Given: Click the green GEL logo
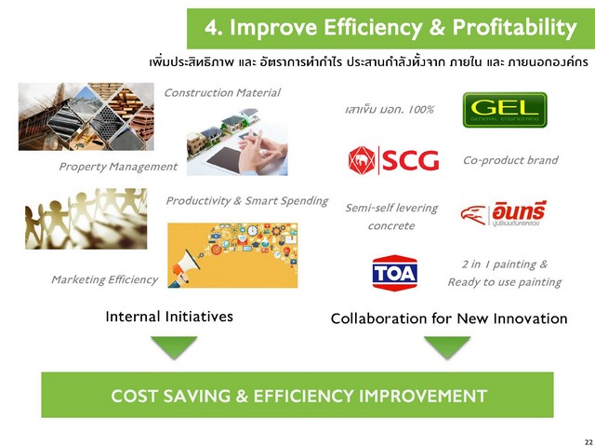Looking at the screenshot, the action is tap(505, 110).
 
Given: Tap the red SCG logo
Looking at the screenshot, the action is tap(393, 160).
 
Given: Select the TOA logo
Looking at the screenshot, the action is tap(394, 273).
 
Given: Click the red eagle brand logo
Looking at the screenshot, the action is tap(504, 214).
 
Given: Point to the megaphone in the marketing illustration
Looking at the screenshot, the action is tap(185, 267).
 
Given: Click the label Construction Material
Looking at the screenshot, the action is tap(222, 93).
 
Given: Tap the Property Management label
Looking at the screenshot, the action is tap(118, 167).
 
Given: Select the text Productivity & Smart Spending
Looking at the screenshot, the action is tap(247, 201).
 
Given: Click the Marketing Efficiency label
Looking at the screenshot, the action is tap(104, 279).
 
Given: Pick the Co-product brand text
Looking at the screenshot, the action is tap(510, 160).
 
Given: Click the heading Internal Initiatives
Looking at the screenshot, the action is tap(169, 317).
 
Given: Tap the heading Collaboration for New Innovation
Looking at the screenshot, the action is tap(449, 318).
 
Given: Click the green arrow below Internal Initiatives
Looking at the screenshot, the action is tap(174, 346).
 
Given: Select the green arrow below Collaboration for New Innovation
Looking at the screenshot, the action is tap(447, 346).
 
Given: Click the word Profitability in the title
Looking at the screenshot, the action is tap(514, 28).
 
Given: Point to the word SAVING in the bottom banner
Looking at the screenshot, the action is tap(196, 396).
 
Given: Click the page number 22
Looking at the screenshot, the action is tap(588, 442).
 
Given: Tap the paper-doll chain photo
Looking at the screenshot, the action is tap(86, 219).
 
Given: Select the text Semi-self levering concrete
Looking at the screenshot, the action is tap(391, 217).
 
